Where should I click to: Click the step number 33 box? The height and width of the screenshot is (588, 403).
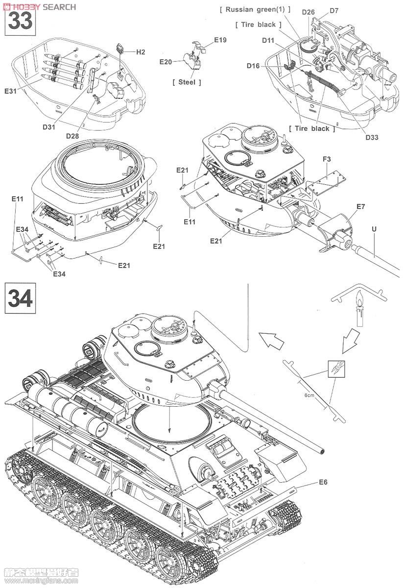[20, 21]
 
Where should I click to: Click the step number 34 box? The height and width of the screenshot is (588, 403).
[20, 298]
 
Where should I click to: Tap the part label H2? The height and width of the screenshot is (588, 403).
[141, 52]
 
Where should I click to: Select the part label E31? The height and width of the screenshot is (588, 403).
[10, 91]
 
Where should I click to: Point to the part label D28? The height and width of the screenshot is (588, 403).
[72, 136]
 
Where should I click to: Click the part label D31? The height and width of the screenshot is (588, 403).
[49, 127]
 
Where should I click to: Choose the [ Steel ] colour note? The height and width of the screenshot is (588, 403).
[187, 82]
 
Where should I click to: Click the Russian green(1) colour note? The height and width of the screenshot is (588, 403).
[255, 9]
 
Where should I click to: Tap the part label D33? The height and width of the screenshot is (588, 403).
[372, 137]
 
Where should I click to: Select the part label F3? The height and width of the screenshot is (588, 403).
[327, 159]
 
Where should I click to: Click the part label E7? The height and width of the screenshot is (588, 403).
[360, 207]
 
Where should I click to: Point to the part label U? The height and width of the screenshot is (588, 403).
[374, 229]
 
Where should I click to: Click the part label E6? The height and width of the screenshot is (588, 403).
[323, 482]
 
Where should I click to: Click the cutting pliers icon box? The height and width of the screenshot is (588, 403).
[336, 369]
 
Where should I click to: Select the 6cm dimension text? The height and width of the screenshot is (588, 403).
[309, 395]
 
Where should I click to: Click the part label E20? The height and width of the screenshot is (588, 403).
[166, 62]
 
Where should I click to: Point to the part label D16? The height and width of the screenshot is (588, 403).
[253, 66]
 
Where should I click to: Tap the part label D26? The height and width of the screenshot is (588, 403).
[308, 12]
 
